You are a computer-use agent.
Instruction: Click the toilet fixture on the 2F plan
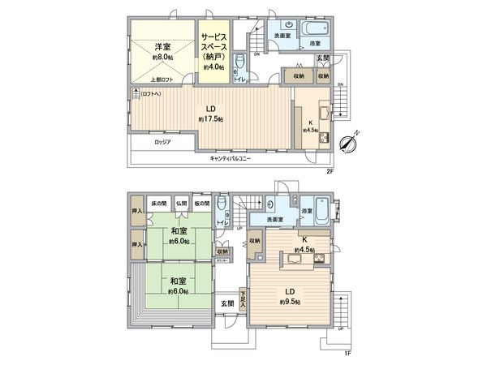[239, 62]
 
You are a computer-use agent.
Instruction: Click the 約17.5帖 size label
[209, 119]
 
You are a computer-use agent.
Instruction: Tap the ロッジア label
[162, 143]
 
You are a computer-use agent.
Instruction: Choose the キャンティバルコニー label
[230, 158]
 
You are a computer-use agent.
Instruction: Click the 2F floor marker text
[331, 172]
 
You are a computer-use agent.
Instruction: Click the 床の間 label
[158, 203]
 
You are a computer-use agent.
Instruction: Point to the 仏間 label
[181, 203]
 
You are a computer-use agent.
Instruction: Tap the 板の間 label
[202, 203]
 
